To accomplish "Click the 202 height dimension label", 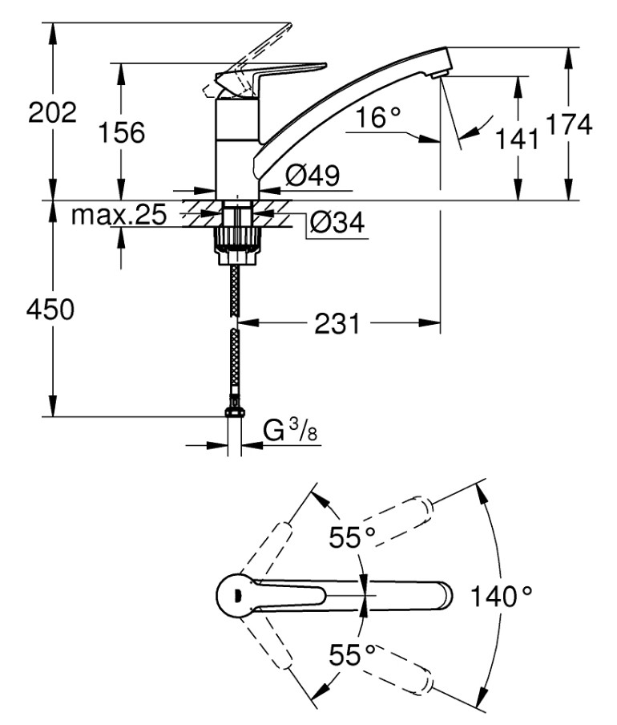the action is point(52,112).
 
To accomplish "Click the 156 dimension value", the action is point(122,132).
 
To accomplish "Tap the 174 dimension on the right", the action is point(569,124).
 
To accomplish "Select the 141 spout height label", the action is point(517,139).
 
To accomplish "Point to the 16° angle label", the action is point(377,117).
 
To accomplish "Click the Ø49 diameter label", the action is point(313,175).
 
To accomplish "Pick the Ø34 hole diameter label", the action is point(337,222).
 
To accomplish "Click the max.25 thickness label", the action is point(119,215).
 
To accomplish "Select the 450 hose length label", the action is point(50,310).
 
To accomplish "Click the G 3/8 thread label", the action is point(290,430).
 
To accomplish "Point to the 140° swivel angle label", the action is point(501,596).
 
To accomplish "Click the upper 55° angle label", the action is point(352,537).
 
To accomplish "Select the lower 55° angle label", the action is point(352,654).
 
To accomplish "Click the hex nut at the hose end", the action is point(235,411).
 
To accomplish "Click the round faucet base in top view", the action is point(236,595).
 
